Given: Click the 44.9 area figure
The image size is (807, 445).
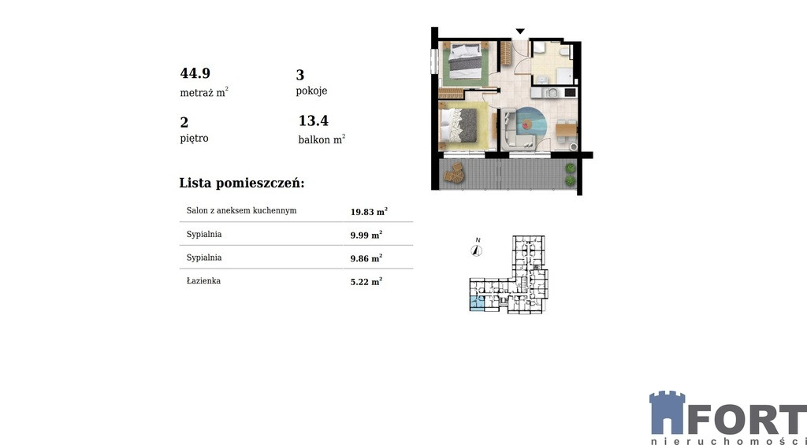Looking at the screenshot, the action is click(x=195, y=73).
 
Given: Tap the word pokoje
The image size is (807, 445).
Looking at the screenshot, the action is click(x=311, y=91).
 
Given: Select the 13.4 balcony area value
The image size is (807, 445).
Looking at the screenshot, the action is click(x=314, y=121).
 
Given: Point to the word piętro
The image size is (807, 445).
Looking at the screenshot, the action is click(x=194, y=139).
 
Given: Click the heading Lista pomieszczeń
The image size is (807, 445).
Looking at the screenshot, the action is click(x=242, y=184).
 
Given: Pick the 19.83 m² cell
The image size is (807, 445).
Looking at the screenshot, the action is click(x=369, y=211).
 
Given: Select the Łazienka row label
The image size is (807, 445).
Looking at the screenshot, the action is click(x=203, y=281).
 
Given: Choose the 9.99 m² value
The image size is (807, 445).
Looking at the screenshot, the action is click(x=366, y=235).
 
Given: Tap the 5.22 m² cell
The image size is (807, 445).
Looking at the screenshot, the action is click(x=366, y=281).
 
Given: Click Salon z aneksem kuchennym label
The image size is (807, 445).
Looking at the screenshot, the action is click(x=241, y=210).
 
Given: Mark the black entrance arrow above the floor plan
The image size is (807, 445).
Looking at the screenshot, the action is click(x=520, y=32).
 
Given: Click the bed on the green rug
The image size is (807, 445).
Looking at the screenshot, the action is click(x=465, y=61).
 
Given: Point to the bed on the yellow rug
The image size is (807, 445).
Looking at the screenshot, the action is click(x=461, y=125).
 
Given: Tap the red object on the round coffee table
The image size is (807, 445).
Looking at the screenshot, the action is click(x=526, y=124).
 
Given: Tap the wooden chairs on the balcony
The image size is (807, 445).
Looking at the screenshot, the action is click(x=454, y=172).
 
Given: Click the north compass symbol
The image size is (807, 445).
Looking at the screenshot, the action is click(x=477, y=250).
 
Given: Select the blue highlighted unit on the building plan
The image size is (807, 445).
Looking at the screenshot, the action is click(x=477, y=303).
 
